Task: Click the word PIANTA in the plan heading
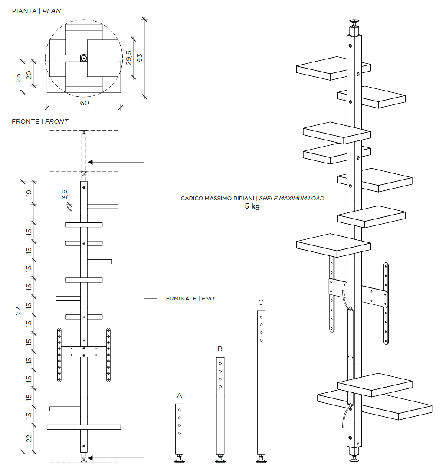pyautogui.click(x=24, y=11)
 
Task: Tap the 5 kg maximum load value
pyautogui.click(x=252, y=206)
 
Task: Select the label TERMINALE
pyautogui.click(x=179, y=299)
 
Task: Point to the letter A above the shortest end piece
pyautogui.click(x=180, y=395)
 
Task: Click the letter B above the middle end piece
pyautogui.click(x=220, y=349)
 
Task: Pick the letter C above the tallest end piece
pyautogui.click(x=261, y=303)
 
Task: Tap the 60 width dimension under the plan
pyautogui.click(x=85, y=103)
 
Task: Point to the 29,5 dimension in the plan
pyautogui.click(x=129, y=57)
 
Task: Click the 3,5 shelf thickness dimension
pyautogui.click(x=65, y=195)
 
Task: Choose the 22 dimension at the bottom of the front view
pyautogui.click(x=29, y=439)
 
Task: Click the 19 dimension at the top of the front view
pyautogui.click(x=29, y=193)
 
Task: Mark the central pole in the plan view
pyautogui.click(x=83, y=57)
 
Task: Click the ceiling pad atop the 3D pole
pyautogui.click(x=354, y=21)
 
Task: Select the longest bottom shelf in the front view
pyautogui.click(x=84, y=427)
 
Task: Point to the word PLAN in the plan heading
pyautogui.click(x=52, y=11)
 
